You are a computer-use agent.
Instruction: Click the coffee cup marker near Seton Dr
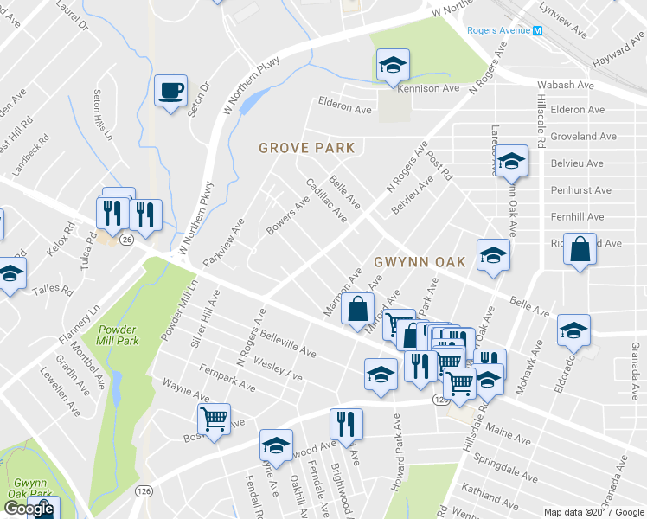tap(170, 89)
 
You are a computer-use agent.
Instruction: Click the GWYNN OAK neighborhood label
tap(420, 261)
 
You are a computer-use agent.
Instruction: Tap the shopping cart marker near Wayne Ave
tap(214, 420)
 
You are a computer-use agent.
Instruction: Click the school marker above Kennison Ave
tap(393, 64)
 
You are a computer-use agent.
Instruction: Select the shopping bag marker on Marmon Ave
tap(357, 309)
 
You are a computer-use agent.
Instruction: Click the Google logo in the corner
tap(28, 509)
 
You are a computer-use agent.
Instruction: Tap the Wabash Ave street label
tap(566, 86)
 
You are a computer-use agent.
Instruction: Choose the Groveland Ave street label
tap(583, 137)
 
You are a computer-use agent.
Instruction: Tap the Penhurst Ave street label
tap(580, 190)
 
